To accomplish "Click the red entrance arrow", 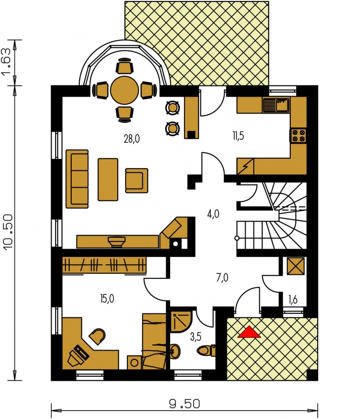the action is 249,332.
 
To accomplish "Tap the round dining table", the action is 125,90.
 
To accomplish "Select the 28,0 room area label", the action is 132,139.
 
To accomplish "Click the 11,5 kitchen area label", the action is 238,136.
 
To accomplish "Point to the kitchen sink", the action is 276,105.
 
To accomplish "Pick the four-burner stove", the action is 298,135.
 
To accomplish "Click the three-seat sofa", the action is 77,179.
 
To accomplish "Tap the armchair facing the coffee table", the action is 136,180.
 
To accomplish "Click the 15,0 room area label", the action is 107,298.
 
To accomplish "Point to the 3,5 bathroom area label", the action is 196,337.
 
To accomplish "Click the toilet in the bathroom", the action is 206,350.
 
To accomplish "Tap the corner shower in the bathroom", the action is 181,321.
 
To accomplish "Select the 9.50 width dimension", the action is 184,404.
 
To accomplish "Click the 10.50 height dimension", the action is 8,232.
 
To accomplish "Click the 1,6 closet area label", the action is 293,300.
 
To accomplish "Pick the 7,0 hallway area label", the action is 222,278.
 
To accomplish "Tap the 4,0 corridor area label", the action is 213,214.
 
